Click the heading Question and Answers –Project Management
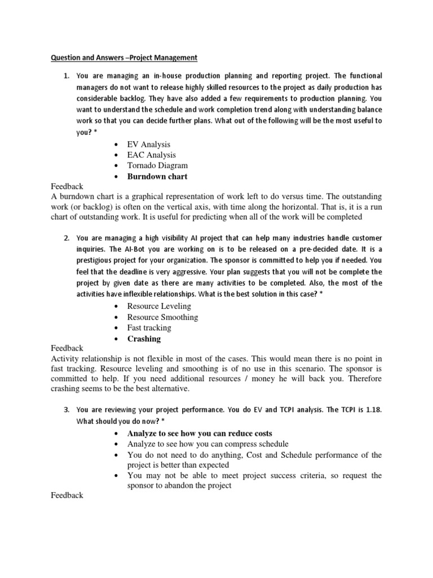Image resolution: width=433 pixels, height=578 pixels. click(x=124, y=57)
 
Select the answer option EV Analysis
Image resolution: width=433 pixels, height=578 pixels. click(x=148, y=144)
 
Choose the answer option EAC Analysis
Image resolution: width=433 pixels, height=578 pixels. click(x=151, y=155)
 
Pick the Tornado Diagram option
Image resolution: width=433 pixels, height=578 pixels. click(x=157, y=165)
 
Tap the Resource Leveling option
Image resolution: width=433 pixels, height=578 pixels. click(x=159, y=306)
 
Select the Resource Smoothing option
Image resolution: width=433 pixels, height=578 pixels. click(x=162, y=317)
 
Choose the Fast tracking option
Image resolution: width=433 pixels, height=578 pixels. click(x=149, y=328)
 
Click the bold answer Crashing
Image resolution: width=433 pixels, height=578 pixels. click(x=144, y=339)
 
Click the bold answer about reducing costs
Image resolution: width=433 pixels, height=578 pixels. click(x=200, y=433)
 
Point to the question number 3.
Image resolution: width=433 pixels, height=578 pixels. click(x=65, y=410)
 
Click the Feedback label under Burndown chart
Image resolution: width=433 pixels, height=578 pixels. click(x=67, y=186)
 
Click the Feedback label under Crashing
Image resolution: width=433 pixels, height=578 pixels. click(x=67, y=348)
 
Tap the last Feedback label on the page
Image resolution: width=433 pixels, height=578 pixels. click(x=67, y=495)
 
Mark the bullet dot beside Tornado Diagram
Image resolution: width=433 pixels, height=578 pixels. click(x=116, y=166)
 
